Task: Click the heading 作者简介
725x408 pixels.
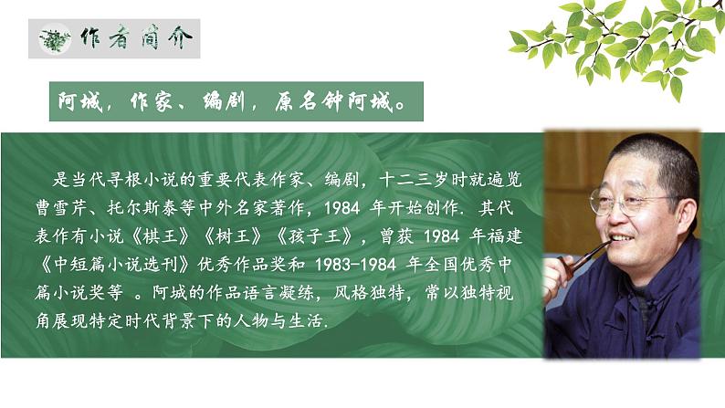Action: pos(137,40)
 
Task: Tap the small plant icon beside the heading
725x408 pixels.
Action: pos(57,40)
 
